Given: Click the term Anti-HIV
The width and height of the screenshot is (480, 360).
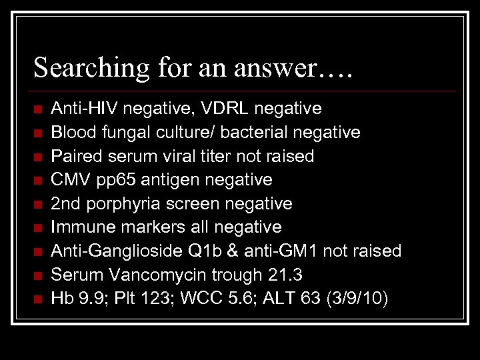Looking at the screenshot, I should coord(81,108).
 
